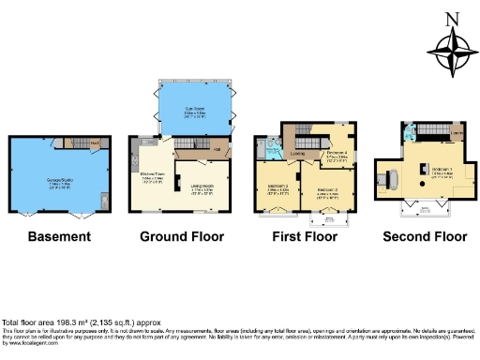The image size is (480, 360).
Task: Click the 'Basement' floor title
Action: tap(59, 235)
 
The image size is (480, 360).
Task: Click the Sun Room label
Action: tap(194, 110)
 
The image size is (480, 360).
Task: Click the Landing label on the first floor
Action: tap(302, 154)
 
